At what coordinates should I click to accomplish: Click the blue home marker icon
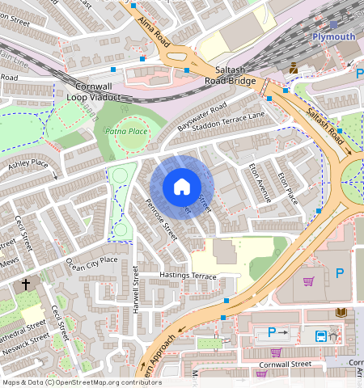[x=182, y=187]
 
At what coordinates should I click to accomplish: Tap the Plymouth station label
[x=334, y=37]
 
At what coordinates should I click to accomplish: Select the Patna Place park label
[x=125, y=131]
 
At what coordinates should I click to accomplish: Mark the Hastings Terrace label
[x=188, y=276]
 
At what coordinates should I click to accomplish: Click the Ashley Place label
[x=28, y=168]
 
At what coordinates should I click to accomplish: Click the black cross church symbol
[x=26, y=285]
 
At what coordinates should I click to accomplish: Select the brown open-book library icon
[x=339, y=313]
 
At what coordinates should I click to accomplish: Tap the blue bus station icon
[x=320, y=335]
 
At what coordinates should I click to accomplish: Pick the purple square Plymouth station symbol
[x=333, y=25]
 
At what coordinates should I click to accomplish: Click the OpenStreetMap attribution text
[x=81, y=382]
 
